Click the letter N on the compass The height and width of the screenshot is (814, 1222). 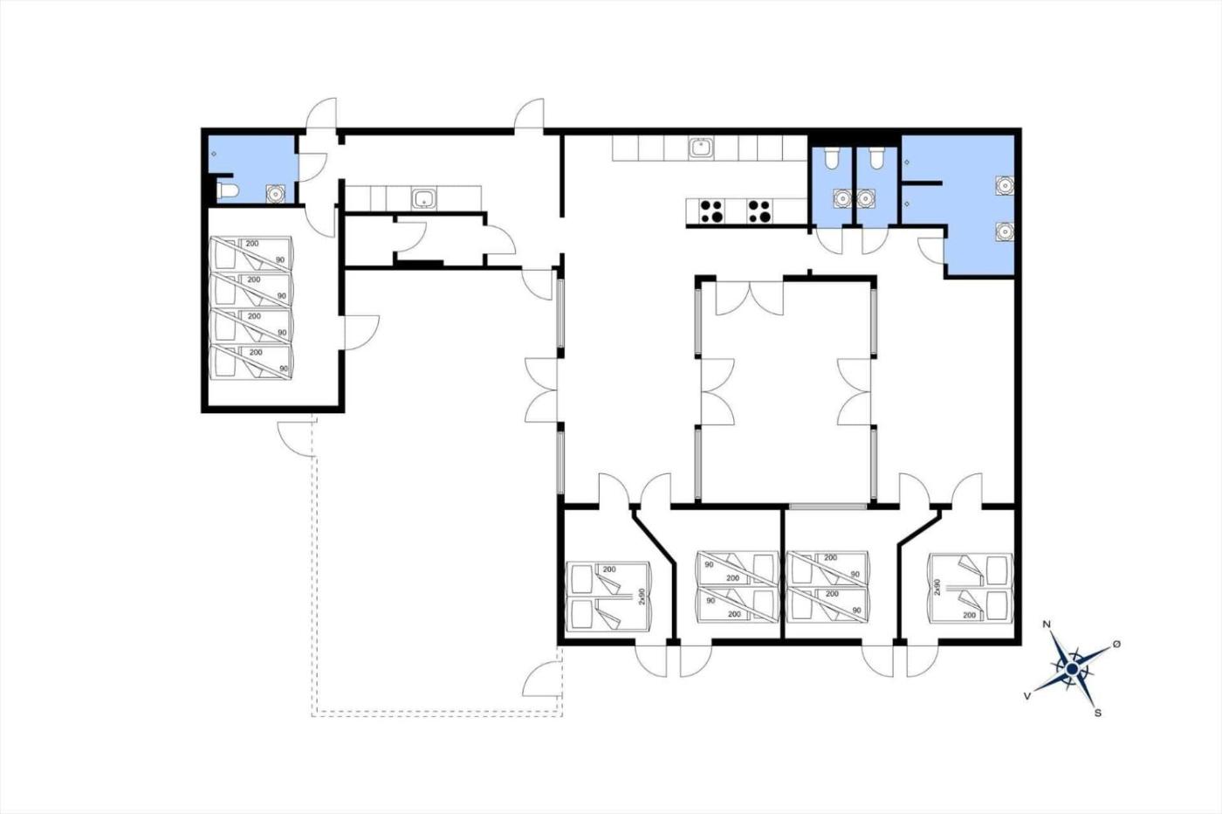1047,624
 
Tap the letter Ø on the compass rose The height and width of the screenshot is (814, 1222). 1116,645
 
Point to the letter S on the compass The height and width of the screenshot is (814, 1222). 1098,713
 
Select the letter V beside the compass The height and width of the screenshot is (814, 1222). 1027,696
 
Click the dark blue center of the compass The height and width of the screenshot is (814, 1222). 1073,669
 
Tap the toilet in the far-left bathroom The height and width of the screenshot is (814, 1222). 228,190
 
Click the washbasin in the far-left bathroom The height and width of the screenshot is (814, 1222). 276,193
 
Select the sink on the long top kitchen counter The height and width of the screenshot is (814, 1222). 700,148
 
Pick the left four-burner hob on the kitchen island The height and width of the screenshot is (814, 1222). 712,211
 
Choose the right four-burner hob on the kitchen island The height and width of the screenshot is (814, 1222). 760,211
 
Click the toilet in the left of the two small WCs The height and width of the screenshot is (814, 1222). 832,158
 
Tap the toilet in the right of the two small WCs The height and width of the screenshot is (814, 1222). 876,158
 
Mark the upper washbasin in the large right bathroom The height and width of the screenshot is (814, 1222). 1005,186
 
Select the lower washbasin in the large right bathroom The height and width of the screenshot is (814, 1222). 1005,232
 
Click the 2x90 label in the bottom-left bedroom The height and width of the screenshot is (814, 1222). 642,597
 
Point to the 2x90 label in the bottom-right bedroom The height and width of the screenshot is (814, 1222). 937,587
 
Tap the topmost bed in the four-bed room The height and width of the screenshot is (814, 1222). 251,253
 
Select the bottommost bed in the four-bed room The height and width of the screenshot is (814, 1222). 251,362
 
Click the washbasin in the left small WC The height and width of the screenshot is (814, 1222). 843,198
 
